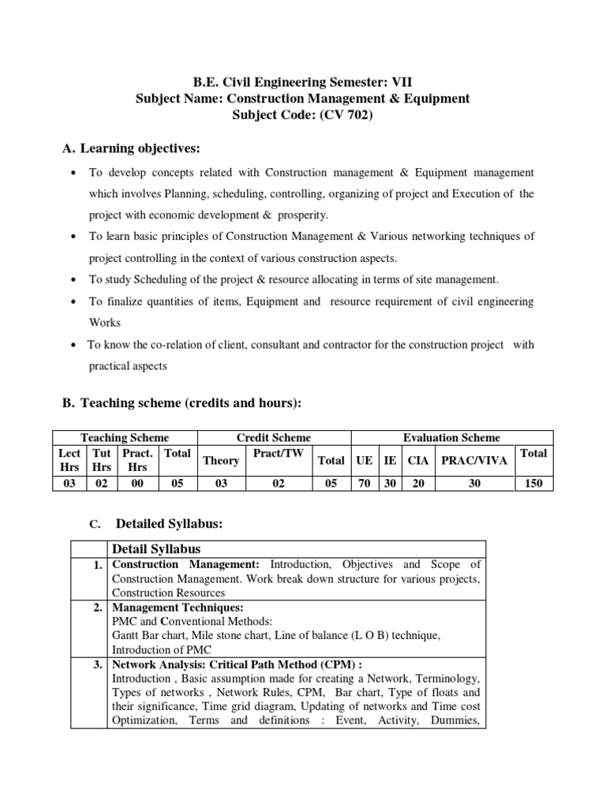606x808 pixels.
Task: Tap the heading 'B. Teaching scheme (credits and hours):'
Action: (182, 403)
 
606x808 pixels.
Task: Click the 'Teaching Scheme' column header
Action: (125, 438)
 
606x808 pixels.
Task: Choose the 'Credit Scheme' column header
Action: (274, 438)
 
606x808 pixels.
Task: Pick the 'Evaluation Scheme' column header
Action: (451, 438)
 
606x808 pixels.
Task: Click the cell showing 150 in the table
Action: (533, 484)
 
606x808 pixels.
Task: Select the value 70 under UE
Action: (364, 484)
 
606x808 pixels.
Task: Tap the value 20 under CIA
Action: (418, 484)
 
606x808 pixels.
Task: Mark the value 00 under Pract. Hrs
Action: (137, 484)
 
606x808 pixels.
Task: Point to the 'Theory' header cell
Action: (221, 461)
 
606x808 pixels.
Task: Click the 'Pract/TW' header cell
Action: (278, 454)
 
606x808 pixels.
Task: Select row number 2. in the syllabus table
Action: (96, 608)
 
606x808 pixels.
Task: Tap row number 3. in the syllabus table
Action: (96, 665)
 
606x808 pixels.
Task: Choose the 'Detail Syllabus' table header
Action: (156, 548)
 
